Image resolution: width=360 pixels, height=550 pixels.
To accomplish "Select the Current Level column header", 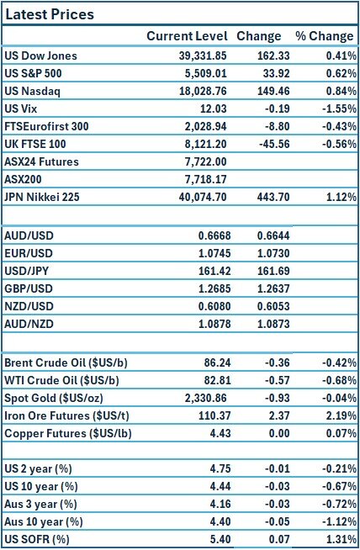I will click(187, 36).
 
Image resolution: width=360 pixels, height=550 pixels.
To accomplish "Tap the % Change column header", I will click(324, 36).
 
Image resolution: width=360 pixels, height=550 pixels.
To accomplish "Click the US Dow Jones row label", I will click(40, 56).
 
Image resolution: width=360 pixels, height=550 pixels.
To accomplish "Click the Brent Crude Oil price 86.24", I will click(214, 363).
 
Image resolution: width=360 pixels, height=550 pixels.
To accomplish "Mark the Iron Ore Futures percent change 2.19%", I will click(338, 415).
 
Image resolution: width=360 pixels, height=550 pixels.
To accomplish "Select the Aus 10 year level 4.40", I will click(217, 521).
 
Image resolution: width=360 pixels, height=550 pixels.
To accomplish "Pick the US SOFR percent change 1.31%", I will click(339, 539).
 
